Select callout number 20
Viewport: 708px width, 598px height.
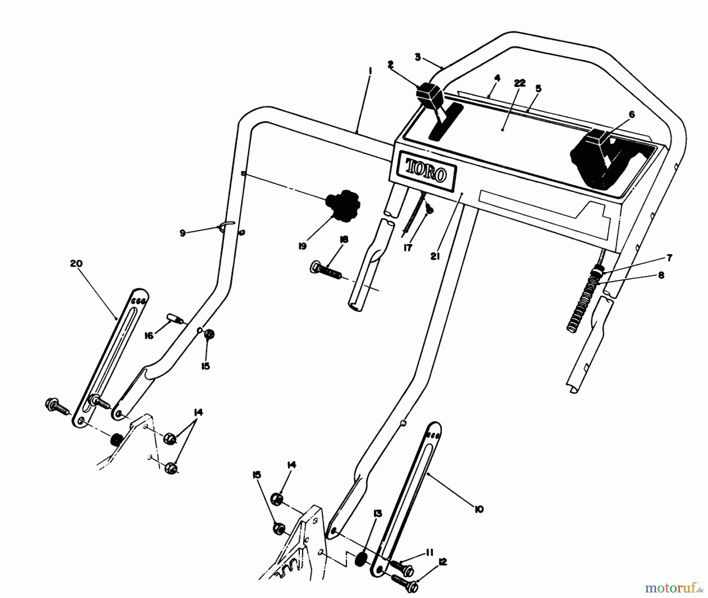(76, 263)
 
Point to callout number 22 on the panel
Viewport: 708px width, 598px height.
(520, 83)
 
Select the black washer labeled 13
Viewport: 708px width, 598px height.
(360, 560)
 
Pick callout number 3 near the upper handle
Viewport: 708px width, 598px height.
(418, 57)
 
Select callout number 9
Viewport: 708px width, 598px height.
(183, 233)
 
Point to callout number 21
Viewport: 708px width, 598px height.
(435, 256)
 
